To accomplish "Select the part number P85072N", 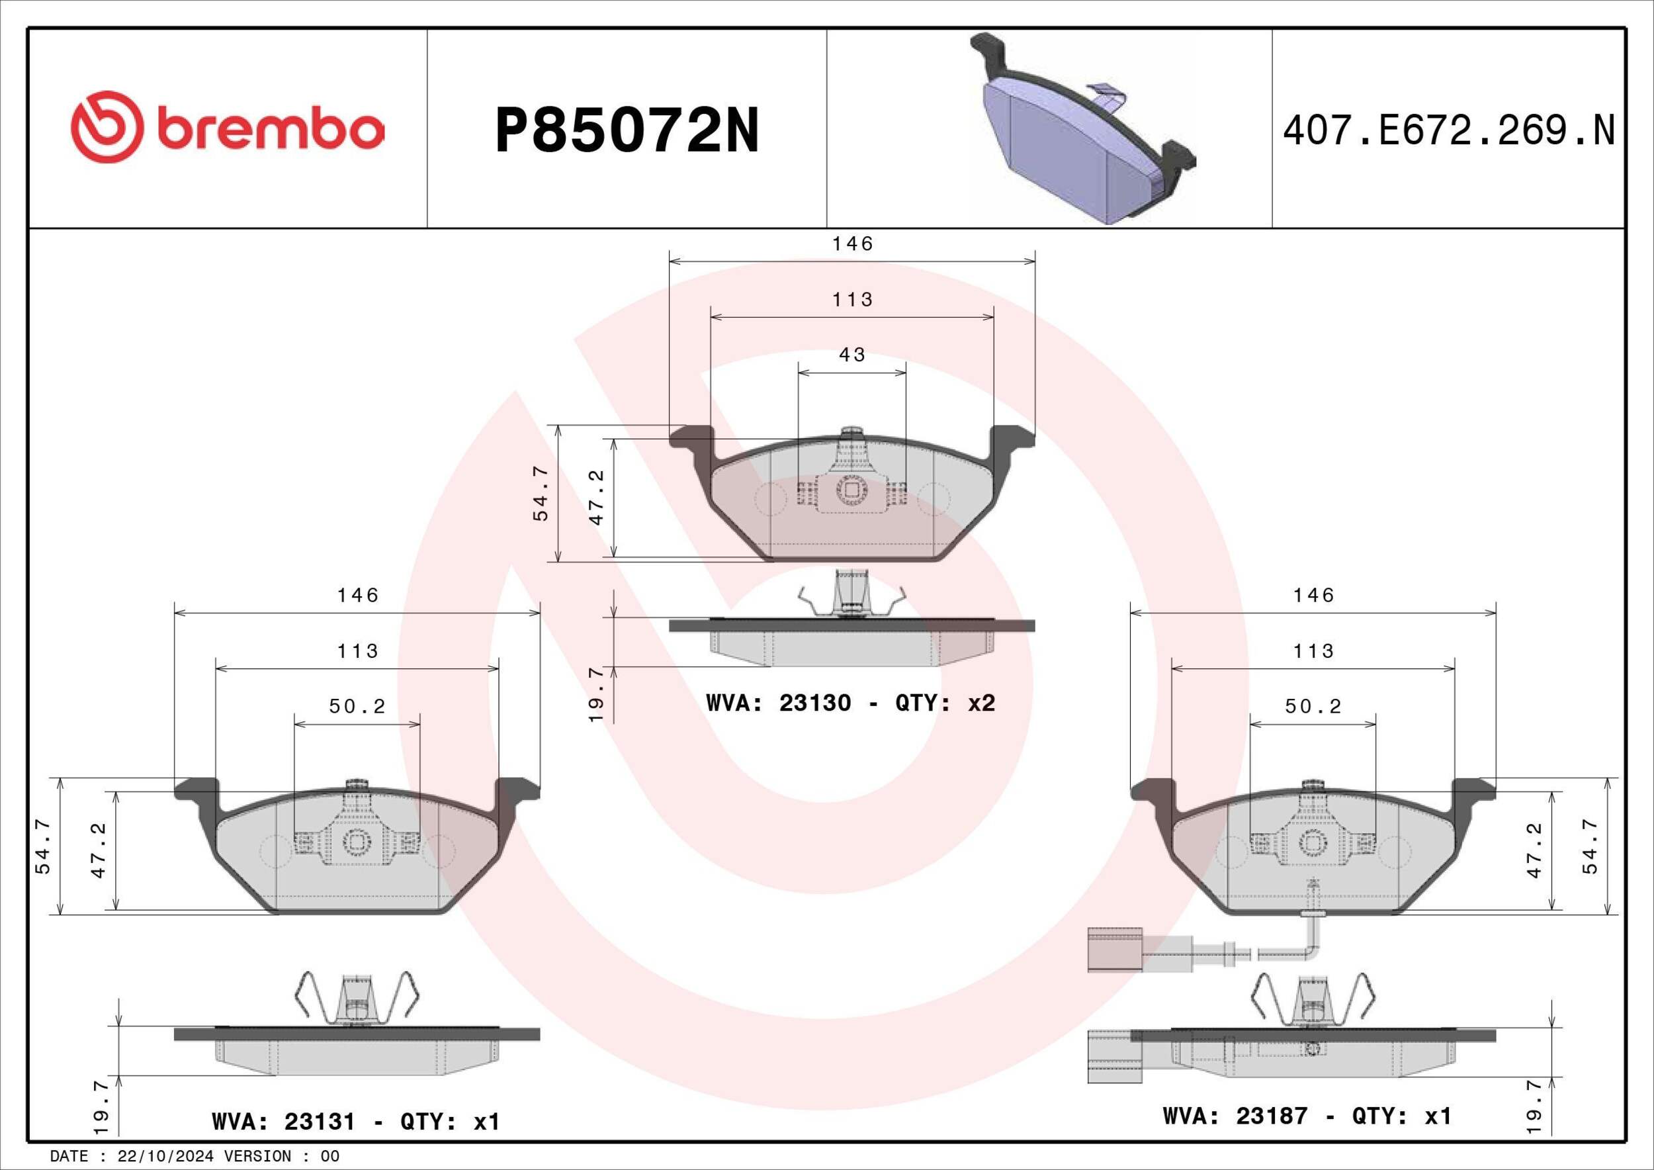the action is (627, 132).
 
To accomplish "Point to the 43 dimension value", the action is (852, 355).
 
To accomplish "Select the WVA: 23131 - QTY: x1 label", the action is (356, 1122).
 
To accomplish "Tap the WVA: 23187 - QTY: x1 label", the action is (1307, 1116).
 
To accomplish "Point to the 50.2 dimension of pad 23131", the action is (357, 707).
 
